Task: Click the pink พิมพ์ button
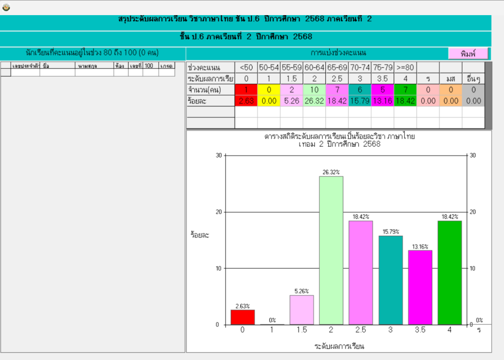coord(468,54)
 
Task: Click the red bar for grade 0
coord(242,317)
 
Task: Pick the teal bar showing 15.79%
coord(390,280)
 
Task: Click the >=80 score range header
coord(405,68)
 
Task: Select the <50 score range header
coord(246,68)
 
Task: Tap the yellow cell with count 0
coord(269,90)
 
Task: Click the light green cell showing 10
coord(314,90)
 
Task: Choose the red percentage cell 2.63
coord(246,101)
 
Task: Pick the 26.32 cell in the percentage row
coord(314,101)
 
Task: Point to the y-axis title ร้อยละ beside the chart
coord(199,235)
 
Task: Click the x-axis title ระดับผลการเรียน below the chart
coord(339,345)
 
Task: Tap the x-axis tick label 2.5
coord(361,330)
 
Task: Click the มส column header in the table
coord(450,78)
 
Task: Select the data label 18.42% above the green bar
coord(450,217)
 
